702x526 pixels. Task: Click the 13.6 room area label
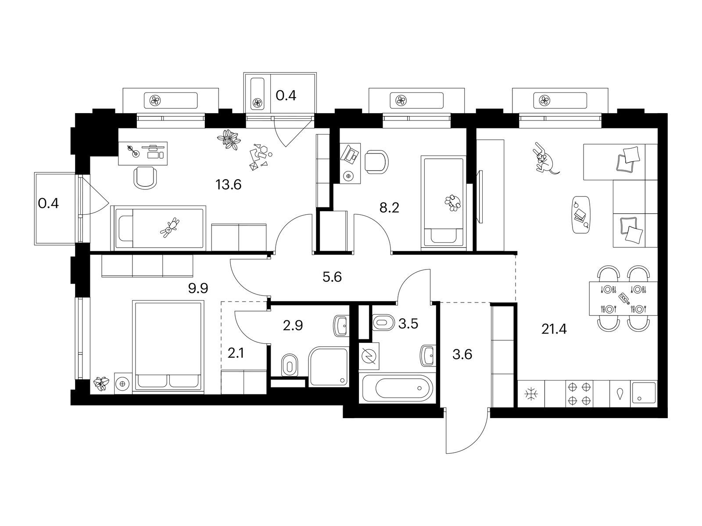click(x=228, y=185)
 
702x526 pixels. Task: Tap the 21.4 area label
click(x=554, y=329)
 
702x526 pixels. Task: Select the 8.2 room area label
click(x=389, y=208)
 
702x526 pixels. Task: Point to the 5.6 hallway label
click(x=332, y=277)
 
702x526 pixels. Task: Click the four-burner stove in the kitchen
click(x=579, y=394)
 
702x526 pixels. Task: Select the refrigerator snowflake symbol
click(x=531, y=394)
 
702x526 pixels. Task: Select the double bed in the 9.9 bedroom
click(x=168, y=345)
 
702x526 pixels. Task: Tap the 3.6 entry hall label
click(x=462, y=355)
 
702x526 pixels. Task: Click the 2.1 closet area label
click(x=236, y=354)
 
